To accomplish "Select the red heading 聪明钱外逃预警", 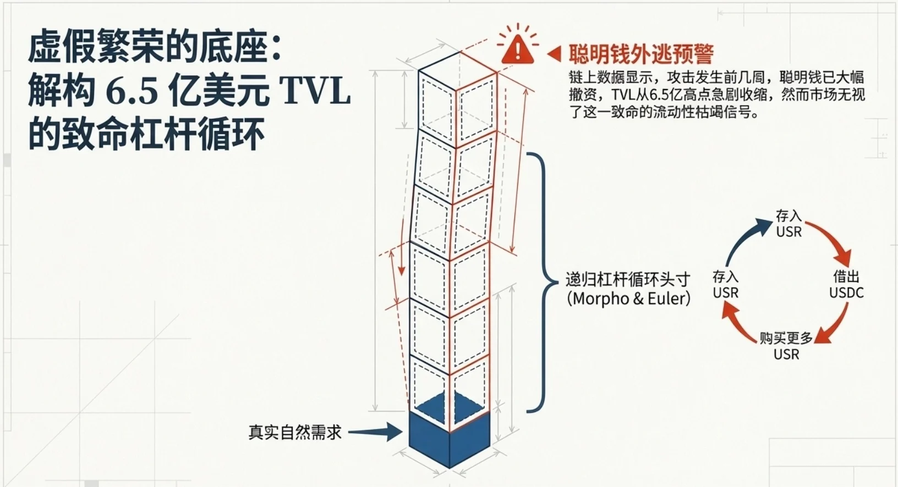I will [x=641, y=54].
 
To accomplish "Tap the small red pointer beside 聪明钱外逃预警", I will [x=554, y=54].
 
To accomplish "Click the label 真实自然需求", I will [x=295, y=433].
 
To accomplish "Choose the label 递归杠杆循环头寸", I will [x=628, y=279].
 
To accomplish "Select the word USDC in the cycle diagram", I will [x=846, y=293].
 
